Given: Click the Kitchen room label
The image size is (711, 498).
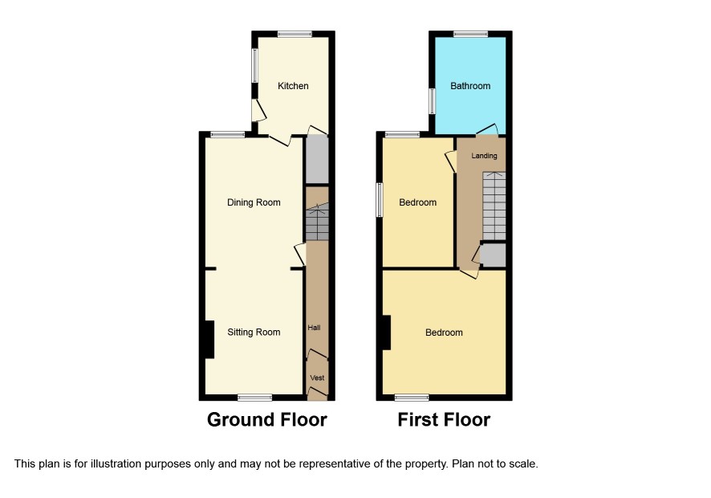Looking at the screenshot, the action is point(293,86).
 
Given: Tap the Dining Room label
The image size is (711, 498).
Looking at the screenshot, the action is point(254,202).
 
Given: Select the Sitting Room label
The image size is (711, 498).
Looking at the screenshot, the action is point(254,333).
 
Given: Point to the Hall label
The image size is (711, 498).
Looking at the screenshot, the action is point(315,328).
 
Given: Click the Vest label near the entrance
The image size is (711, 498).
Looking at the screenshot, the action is point(318,378).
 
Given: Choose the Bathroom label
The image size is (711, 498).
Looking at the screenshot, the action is point(470,86).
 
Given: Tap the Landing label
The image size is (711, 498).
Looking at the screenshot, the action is point(484,156).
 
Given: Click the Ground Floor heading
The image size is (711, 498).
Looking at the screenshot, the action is point(267,420).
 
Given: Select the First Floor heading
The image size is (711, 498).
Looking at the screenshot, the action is point(444,420).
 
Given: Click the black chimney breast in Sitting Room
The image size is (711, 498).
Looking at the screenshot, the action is point(209,340).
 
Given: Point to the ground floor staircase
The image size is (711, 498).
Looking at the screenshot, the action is point(317,222).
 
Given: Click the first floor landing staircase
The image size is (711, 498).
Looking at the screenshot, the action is point(494,206).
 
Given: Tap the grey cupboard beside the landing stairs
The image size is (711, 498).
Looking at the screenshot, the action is point(494,255).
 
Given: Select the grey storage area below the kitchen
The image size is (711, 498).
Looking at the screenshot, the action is point(318,159).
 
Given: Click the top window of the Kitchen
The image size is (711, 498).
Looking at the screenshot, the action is point(295,34).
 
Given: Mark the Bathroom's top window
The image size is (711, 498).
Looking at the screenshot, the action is point(471,34).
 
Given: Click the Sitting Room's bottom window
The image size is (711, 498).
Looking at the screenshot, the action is point(255,398).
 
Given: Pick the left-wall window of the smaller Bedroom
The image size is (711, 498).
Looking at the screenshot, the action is point(380,200).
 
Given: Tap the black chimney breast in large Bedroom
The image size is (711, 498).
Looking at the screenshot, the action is point(386,333).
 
